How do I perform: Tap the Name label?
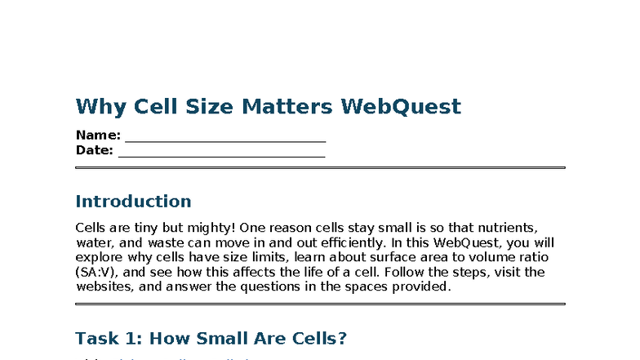97,136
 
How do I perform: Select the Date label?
94,150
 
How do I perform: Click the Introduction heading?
133,202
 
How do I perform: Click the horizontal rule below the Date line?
320,168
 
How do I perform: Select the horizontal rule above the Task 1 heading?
320,304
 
